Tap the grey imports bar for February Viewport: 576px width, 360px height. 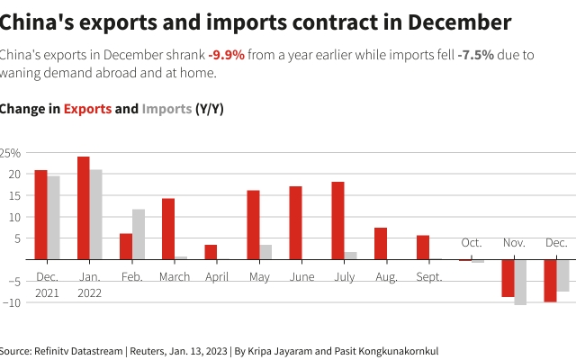(x=139, y=234)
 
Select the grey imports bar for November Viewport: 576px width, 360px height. (x=520, y=283)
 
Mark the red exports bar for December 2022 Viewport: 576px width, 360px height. (x=550, y=281)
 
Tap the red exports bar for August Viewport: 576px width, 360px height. (x=381, y=244)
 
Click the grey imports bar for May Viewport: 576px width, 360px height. (x=265, y=252)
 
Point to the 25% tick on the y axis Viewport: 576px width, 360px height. (x=10, y=153)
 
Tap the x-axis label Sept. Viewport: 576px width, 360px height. (x=429, y=277)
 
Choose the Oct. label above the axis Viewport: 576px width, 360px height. (x=472, y=243)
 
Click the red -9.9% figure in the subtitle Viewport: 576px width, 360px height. (x=226, y=55)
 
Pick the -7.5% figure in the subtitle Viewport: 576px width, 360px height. (x=475, y=55)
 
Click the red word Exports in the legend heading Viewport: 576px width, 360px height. (x=87, y=109)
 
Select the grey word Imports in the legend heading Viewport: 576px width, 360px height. (x=166, y=109)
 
